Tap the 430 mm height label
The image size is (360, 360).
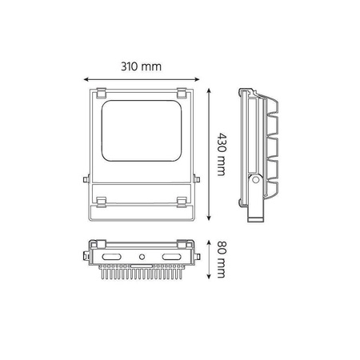pos(222,153)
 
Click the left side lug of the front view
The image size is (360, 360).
pos(84,180)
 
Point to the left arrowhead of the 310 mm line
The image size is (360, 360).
pos(86,78)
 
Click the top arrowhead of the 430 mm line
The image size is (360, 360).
pos(210,89)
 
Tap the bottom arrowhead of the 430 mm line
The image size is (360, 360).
pos(210,218)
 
